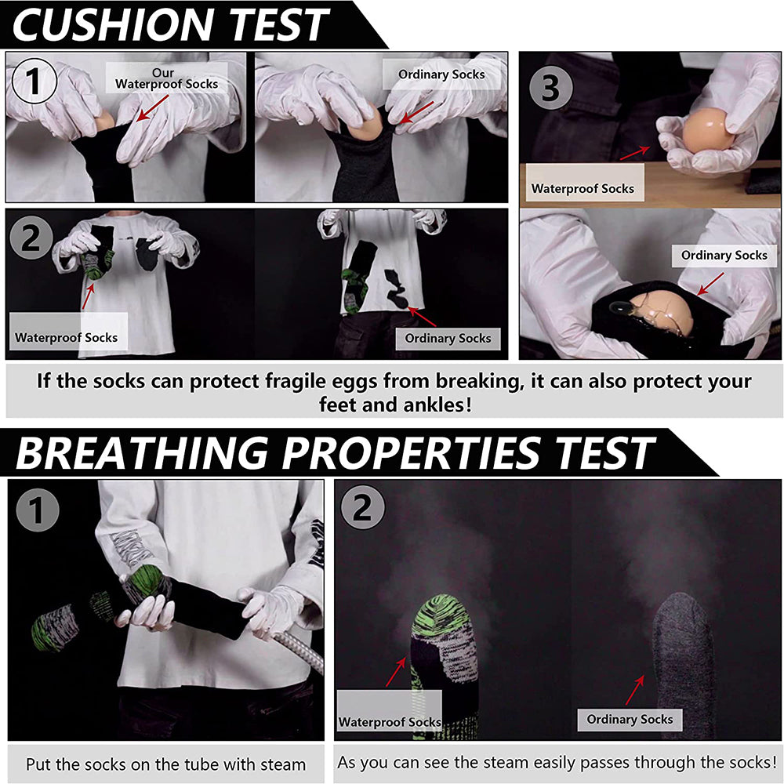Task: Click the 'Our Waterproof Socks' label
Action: pos(166,78)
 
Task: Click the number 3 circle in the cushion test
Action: pos(550,88)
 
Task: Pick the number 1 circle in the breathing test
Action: pos(37,510)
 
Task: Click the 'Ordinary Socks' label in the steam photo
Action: pos(630,719)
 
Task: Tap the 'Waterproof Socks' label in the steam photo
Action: pos(390,721)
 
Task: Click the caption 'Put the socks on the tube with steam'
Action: pos(165,764)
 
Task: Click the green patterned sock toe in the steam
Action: pos(445,619)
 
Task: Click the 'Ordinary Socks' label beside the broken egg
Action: pos(724,256)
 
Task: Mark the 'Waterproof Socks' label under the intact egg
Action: pos(582,188)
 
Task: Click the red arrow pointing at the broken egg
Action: pos(711,283)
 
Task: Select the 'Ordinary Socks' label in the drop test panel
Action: pos(448,338)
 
